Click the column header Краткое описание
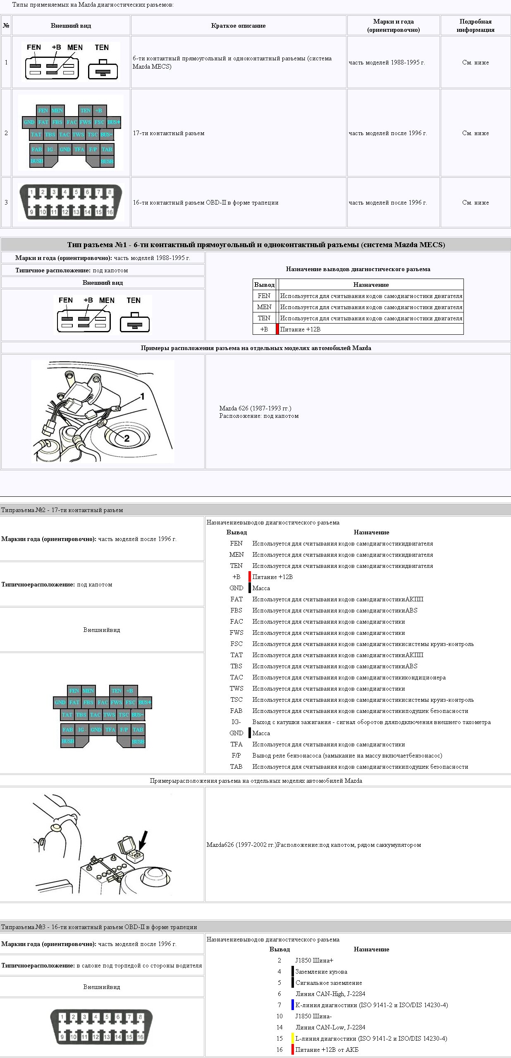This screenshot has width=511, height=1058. click(238, 26)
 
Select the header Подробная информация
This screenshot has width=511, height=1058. click(475, 26)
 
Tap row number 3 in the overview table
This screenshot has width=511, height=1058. click(6, 203)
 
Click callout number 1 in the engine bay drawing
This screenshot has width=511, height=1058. click(142, 397)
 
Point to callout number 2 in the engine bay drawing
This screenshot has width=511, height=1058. click(127, 438)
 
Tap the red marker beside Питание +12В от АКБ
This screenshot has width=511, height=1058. click(293, 1049)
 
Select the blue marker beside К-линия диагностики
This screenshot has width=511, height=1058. click(293, 1005)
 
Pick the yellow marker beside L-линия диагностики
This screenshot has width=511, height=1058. click(293, 1038)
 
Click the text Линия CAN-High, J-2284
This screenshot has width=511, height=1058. click(330, 994)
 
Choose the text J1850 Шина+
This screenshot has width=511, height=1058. click(314, 960)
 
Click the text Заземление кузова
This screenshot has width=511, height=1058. click(321, 971)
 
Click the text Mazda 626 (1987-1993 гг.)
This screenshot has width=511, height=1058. click(255, 408)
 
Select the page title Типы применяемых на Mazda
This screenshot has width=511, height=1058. click(93, 5)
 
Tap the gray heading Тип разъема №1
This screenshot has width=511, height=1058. click(255, 245)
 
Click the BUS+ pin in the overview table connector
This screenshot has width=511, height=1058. click(114, 122)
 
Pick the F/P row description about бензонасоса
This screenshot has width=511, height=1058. click(347, 755)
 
